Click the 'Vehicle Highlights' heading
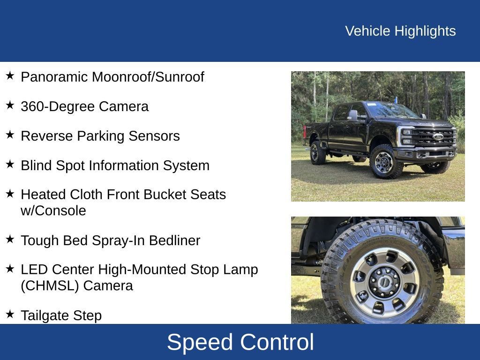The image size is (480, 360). click(x=400, y=31)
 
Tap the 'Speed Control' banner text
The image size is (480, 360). click(x=240, y=342)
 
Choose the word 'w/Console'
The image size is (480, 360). click(x=53, y=211)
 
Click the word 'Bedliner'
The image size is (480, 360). click(x=174, y=240)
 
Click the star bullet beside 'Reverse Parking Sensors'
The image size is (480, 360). click(x=10, y=135)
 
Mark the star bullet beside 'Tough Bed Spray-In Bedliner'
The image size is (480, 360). click(x=10, y=240)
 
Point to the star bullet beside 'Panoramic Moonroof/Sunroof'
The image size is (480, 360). click(x=10, y=76)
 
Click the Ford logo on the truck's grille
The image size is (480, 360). click(x=437, y=136)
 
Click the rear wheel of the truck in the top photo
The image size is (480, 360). click(x=318, y=152)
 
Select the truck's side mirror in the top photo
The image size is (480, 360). click(x=352, y=115)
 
